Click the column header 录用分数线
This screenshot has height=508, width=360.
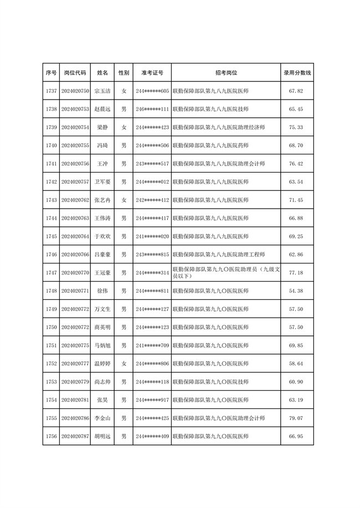click(297, 72)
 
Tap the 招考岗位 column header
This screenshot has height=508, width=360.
click(226, 72)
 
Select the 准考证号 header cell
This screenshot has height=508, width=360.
click(152, 72)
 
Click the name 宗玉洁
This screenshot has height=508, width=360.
click(102, 91)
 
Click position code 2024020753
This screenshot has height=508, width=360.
click(75, 109)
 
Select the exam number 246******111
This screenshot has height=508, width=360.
click(152, 109)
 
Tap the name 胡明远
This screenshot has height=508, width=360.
click(102, 436)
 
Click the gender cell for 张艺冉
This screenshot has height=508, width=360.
click(124, 200)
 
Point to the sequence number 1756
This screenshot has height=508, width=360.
click(52, 436)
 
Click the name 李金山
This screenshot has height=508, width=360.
click(102, 418)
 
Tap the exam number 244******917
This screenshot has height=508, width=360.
click(152, 400)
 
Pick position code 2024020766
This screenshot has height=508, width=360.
click(75, 254)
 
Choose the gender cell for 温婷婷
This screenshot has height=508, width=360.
click(124, 364)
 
